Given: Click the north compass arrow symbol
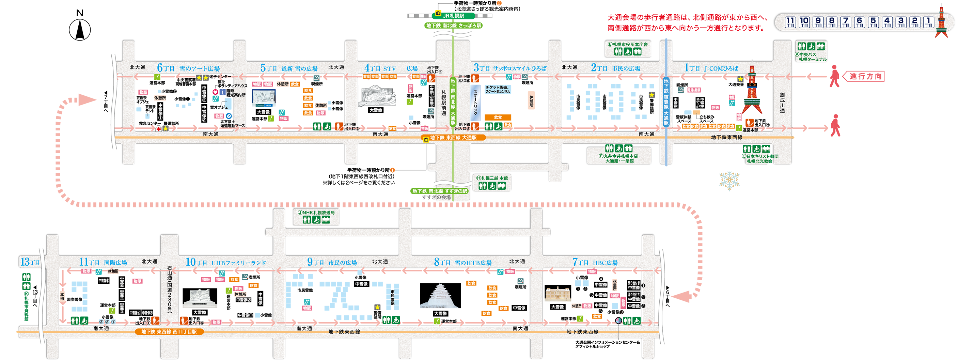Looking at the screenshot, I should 80,30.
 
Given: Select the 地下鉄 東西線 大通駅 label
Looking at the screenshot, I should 453,138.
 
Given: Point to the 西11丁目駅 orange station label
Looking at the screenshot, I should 169,332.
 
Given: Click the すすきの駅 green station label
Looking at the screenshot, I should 440,191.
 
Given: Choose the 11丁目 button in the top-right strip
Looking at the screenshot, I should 790,22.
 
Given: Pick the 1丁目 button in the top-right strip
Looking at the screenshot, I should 928,22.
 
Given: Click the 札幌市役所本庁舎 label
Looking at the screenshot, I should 628,45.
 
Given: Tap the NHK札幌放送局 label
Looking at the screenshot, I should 316,213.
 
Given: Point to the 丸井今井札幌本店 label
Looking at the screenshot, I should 619,156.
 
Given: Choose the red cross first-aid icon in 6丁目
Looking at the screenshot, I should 159,129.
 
